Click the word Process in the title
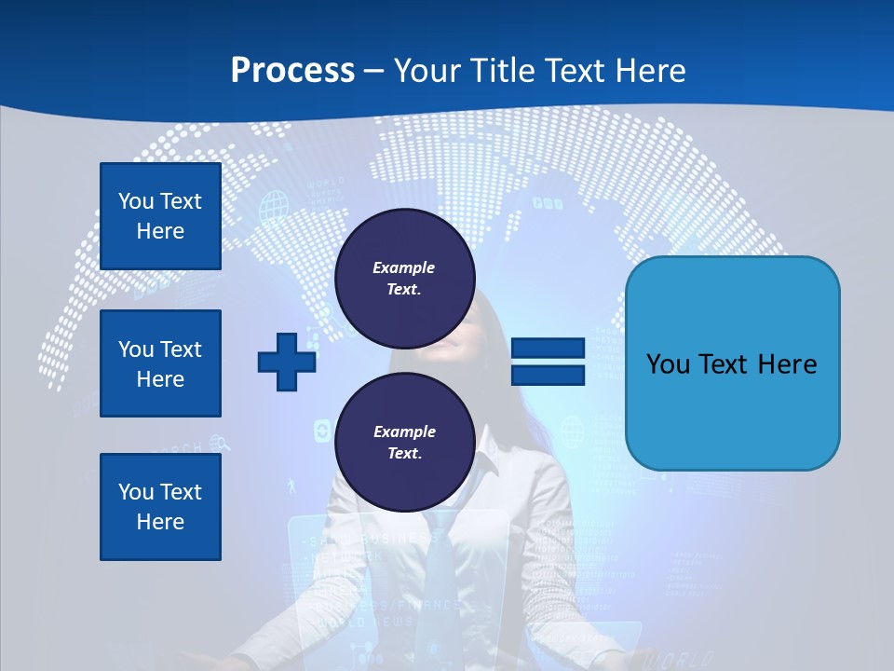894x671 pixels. (292, 71)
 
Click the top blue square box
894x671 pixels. (160, 216)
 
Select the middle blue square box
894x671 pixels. (160, 363)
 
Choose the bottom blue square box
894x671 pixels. (160, 507)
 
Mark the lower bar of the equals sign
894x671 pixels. (548, 376)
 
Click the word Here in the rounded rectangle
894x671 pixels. (787, 364)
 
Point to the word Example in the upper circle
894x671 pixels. (404, 267)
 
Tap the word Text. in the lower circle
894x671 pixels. (404, 454)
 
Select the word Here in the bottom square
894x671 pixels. (160, 522)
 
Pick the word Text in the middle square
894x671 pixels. (180, 349)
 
